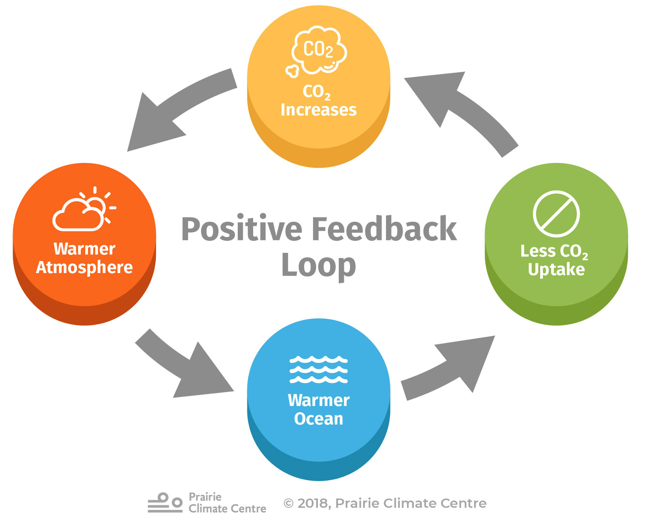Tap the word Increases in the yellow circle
click(x=319, y=110)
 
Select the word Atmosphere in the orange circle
click(x=84, y=267)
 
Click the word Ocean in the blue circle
click(x=319, y=419)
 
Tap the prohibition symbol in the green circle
click(x=556, y=214)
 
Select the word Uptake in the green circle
click(x=556, y=269)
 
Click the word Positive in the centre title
click(x=241, y=229)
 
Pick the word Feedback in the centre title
click(x=384, y=229)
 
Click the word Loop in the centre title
click(x=319, y=265)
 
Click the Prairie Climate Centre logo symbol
click(x=165, y=503)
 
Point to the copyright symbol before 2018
click(x=288, y=503)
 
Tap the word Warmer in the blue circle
click(x=319, y=400)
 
